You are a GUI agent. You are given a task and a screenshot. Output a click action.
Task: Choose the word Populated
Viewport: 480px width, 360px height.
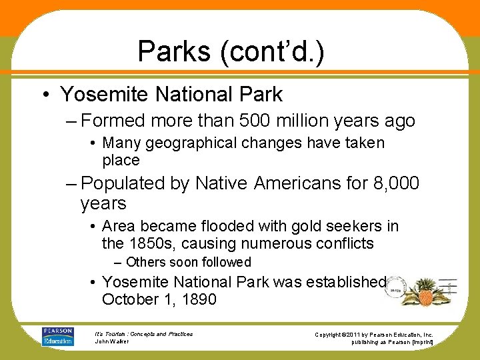(x=125, y=183)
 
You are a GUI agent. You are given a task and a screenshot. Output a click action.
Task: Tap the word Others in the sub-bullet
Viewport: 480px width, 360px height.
(x=145, y=262)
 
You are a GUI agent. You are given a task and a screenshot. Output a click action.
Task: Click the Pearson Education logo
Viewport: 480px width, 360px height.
(x=57, y=337)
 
